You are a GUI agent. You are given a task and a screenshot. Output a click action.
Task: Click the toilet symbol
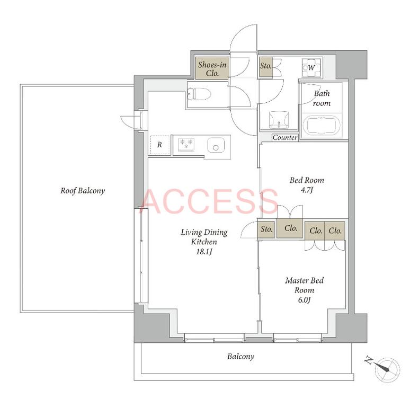tap(199, 94)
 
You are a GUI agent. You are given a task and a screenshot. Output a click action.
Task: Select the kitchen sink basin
tap(216, 145)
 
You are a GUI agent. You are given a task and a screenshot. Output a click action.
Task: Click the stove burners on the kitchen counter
tap(186, 144)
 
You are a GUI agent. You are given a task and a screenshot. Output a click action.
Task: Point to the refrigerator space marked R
tap(160, 145)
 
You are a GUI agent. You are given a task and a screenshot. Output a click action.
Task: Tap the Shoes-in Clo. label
tap(212, 69)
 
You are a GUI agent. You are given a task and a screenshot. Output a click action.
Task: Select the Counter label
tap(285, 137)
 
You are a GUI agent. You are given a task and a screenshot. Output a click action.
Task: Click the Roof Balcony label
tap(83, 191)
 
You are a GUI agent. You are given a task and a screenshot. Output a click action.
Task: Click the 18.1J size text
tap(204, 252)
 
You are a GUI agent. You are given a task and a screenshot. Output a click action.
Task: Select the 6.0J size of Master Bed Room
tap(304, 300)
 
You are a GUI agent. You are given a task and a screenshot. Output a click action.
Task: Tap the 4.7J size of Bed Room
tap(307, 190)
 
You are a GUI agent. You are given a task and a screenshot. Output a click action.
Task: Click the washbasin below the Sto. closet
tap(279, 120)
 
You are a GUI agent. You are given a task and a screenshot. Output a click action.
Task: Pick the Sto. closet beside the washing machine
tap(265, 68)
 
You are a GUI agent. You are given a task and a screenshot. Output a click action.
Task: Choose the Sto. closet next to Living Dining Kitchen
tap(266, 229)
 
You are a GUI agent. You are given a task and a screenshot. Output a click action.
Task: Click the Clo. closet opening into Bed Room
tap(290, 228)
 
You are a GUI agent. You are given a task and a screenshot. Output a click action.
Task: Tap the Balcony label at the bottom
tap(241, 357)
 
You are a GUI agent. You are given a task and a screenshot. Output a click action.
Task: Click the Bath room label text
tap(322, 98)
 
